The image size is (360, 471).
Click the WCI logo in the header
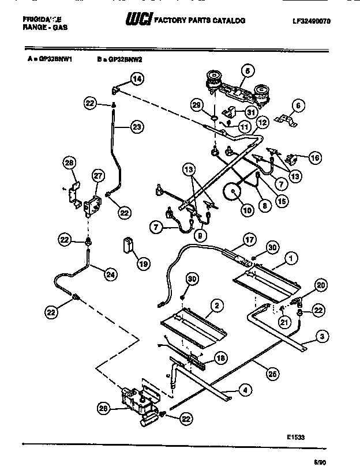click(x=137, y=20)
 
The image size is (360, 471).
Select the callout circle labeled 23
click(x=136, y=128)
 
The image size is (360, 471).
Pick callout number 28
click(x=69, y=164)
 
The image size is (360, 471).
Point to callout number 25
click(x=268, y=373)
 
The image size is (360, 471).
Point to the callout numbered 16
click(x=314, y=157)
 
